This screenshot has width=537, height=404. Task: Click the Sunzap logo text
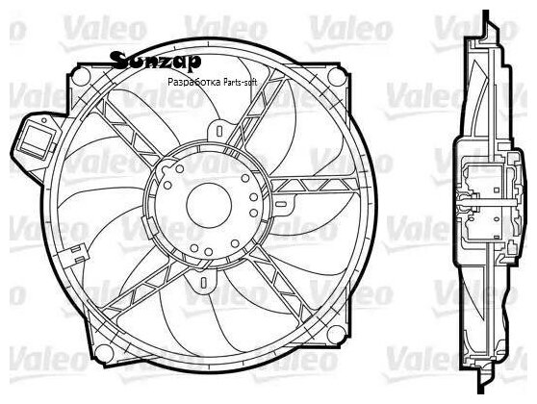(157, 61)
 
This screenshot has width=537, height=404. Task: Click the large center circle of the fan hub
(209, 206)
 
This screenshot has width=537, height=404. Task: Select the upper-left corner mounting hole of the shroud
(81, 77)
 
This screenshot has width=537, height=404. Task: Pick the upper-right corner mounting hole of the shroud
(336, 77)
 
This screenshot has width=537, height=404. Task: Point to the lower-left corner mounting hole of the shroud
(103, 354)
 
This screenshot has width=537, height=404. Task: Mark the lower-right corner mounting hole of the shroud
(336, 334)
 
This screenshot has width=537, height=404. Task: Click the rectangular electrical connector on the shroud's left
(37, 141)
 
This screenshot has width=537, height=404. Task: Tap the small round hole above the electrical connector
(44, 120)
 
